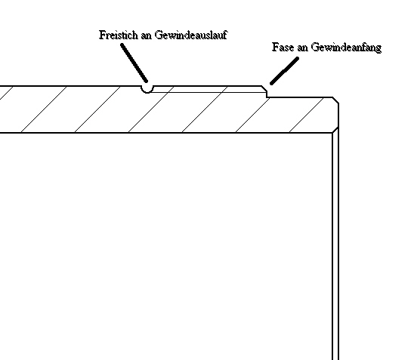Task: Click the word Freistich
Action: [x=119, y=35]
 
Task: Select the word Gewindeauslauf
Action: [x=191, y=35]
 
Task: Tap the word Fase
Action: [x=283, y=48]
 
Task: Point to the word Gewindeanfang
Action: [x=346, y=48]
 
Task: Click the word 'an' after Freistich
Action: [x=147, y=36]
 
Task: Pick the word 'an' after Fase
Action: [x=303, y=48]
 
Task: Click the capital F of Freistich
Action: [x=102, y=35]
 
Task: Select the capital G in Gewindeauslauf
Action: [x=159, y=35]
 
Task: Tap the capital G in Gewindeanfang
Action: [x=315, y=48]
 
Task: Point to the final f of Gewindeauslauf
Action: [x=225, y=35]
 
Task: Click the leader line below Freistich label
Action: [x=134, y=63]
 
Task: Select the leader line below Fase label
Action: [x=284, y=71]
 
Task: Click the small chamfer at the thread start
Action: [x=264, y=88]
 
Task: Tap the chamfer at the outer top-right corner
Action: [x=335, y=100]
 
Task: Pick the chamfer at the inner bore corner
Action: [x=335, y=130]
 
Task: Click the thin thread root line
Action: [x=209, y=92]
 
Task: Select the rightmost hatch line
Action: [x=307, y=115]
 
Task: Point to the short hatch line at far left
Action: [x=6, y=93]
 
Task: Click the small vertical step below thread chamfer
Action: [x=267, y=94]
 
